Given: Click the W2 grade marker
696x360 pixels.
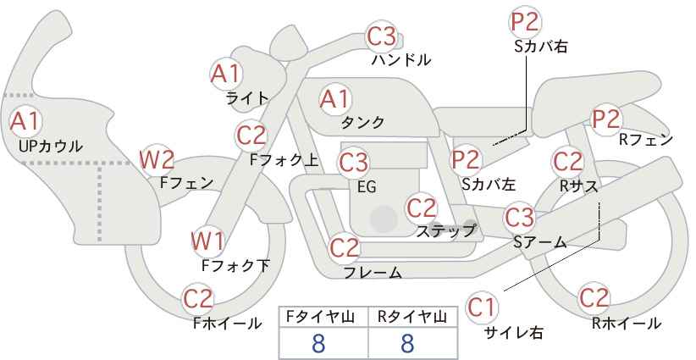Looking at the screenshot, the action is [157, 159].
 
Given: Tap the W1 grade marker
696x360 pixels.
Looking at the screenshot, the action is [207, 241].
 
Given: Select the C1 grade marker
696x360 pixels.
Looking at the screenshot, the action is [482, 307].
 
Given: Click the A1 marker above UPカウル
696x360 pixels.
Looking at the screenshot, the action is [25, 121].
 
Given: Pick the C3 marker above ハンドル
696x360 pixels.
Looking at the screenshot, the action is [382, 36].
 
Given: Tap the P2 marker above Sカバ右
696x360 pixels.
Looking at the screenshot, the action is [525, 22].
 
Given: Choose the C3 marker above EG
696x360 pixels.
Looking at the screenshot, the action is [353, 163].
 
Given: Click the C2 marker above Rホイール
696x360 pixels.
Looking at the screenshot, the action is [594, 298].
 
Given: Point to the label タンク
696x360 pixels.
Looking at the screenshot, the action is [362, 122].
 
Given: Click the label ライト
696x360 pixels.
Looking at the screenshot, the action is [247, 98].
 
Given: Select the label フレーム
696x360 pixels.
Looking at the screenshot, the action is [373, 272].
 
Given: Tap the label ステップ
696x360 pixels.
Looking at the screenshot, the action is [446, 231].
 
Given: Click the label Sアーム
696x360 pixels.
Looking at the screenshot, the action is [540, 242].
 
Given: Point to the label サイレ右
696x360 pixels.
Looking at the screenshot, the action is [514, 332].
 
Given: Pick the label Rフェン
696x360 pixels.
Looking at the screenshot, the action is [646, 140].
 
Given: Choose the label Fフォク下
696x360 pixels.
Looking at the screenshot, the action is [235, 265].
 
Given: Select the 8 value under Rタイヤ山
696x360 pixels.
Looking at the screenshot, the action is [407, 343].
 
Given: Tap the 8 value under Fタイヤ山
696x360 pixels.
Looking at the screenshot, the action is [318, 343].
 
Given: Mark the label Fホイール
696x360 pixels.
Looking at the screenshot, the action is [227, 324].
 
